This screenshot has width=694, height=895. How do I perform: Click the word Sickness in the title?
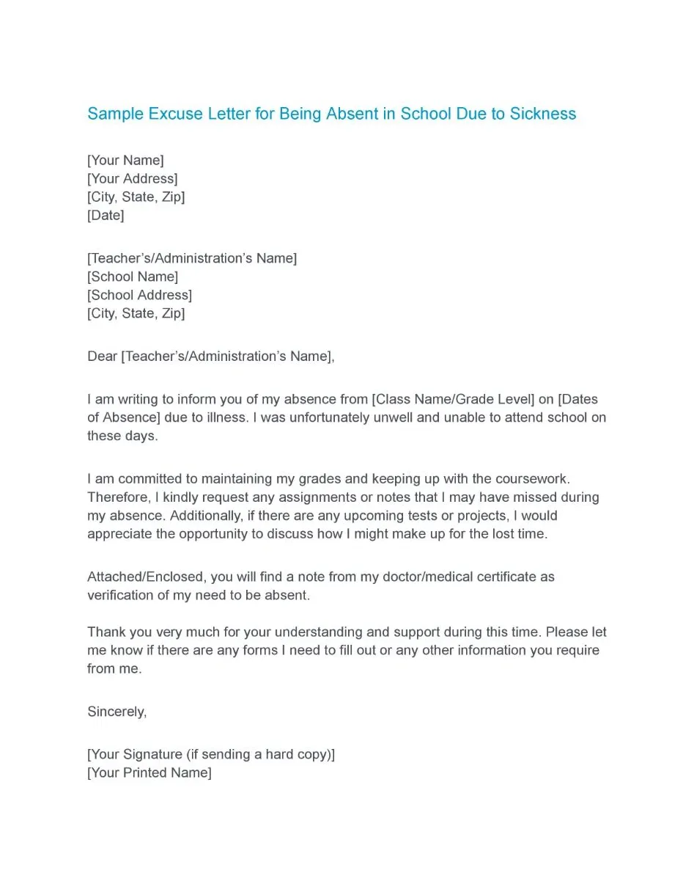coord(543,114)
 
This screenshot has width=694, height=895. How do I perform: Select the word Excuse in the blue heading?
coord(172,114)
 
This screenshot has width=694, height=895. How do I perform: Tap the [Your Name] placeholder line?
coord(125,160)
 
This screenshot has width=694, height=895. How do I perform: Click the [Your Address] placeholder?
coord(132,178)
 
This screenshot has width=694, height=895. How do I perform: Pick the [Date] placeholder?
coord(106,215)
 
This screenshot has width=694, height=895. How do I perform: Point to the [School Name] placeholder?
coord(133,277)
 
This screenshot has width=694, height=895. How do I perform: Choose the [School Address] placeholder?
coord(139,295)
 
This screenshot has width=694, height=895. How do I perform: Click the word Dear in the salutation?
coord(102,357)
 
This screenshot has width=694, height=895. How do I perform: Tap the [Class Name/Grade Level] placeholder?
coord(453,399)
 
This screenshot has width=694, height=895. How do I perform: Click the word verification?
coord(122,595)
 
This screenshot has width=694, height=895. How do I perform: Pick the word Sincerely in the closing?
coord(117,712)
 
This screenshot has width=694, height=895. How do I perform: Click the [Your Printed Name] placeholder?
coord(149,772)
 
